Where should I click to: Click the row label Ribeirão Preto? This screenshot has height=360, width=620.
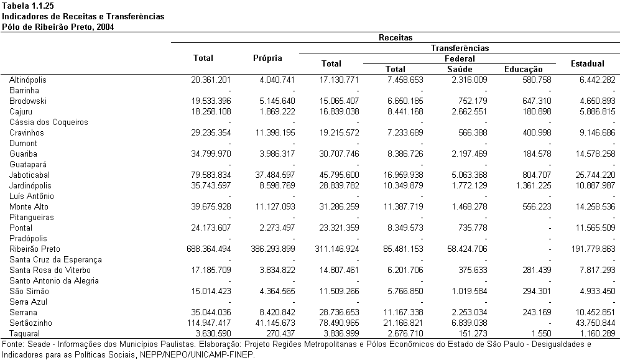35,249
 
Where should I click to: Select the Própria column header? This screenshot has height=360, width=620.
267,58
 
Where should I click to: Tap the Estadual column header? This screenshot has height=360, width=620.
588,63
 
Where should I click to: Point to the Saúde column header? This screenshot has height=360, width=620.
460,69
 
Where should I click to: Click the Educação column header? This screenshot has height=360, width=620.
524,70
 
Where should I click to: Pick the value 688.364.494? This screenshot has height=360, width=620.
209,249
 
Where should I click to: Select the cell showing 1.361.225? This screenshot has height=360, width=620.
534,185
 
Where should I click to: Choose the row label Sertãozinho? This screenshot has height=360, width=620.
30,323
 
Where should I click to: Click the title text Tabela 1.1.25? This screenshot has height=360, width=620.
28,6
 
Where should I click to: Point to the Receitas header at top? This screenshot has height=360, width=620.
396,37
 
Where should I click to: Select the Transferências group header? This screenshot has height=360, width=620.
460,48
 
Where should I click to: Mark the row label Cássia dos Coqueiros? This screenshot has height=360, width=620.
49,122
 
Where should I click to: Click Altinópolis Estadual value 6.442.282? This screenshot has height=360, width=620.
598,80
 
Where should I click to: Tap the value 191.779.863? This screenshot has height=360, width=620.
593,249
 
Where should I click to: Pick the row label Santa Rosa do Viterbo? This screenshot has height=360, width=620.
50,270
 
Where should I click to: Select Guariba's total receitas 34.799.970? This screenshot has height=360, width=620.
211,154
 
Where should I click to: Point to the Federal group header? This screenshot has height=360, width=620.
460,59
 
